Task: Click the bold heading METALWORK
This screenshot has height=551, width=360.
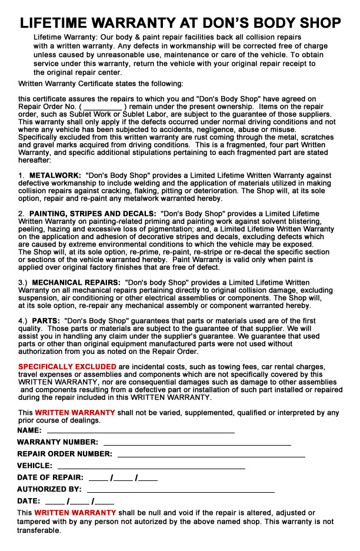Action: [54, 176]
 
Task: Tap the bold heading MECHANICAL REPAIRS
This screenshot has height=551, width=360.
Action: [76, 283]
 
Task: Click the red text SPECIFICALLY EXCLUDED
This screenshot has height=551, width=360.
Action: [67, 367]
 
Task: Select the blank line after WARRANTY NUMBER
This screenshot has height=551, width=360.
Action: [197, 443]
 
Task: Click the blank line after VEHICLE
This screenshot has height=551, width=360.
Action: [151, 467]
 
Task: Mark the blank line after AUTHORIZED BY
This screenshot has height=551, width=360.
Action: [180, 490]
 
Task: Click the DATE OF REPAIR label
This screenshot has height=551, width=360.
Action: [50, 477]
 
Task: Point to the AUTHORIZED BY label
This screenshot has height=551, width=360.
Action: [49, 489]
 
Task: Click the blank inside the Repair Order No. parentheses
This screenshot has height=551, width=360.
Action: [102, 108]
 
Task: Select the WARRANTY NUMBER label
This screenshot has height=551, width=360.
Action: [58, 442]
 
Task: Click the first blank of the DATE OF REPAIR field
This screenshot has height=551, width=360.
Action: [98, 479]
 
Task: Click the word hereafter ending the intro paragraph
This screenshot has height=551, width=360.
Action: [35, 160]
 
